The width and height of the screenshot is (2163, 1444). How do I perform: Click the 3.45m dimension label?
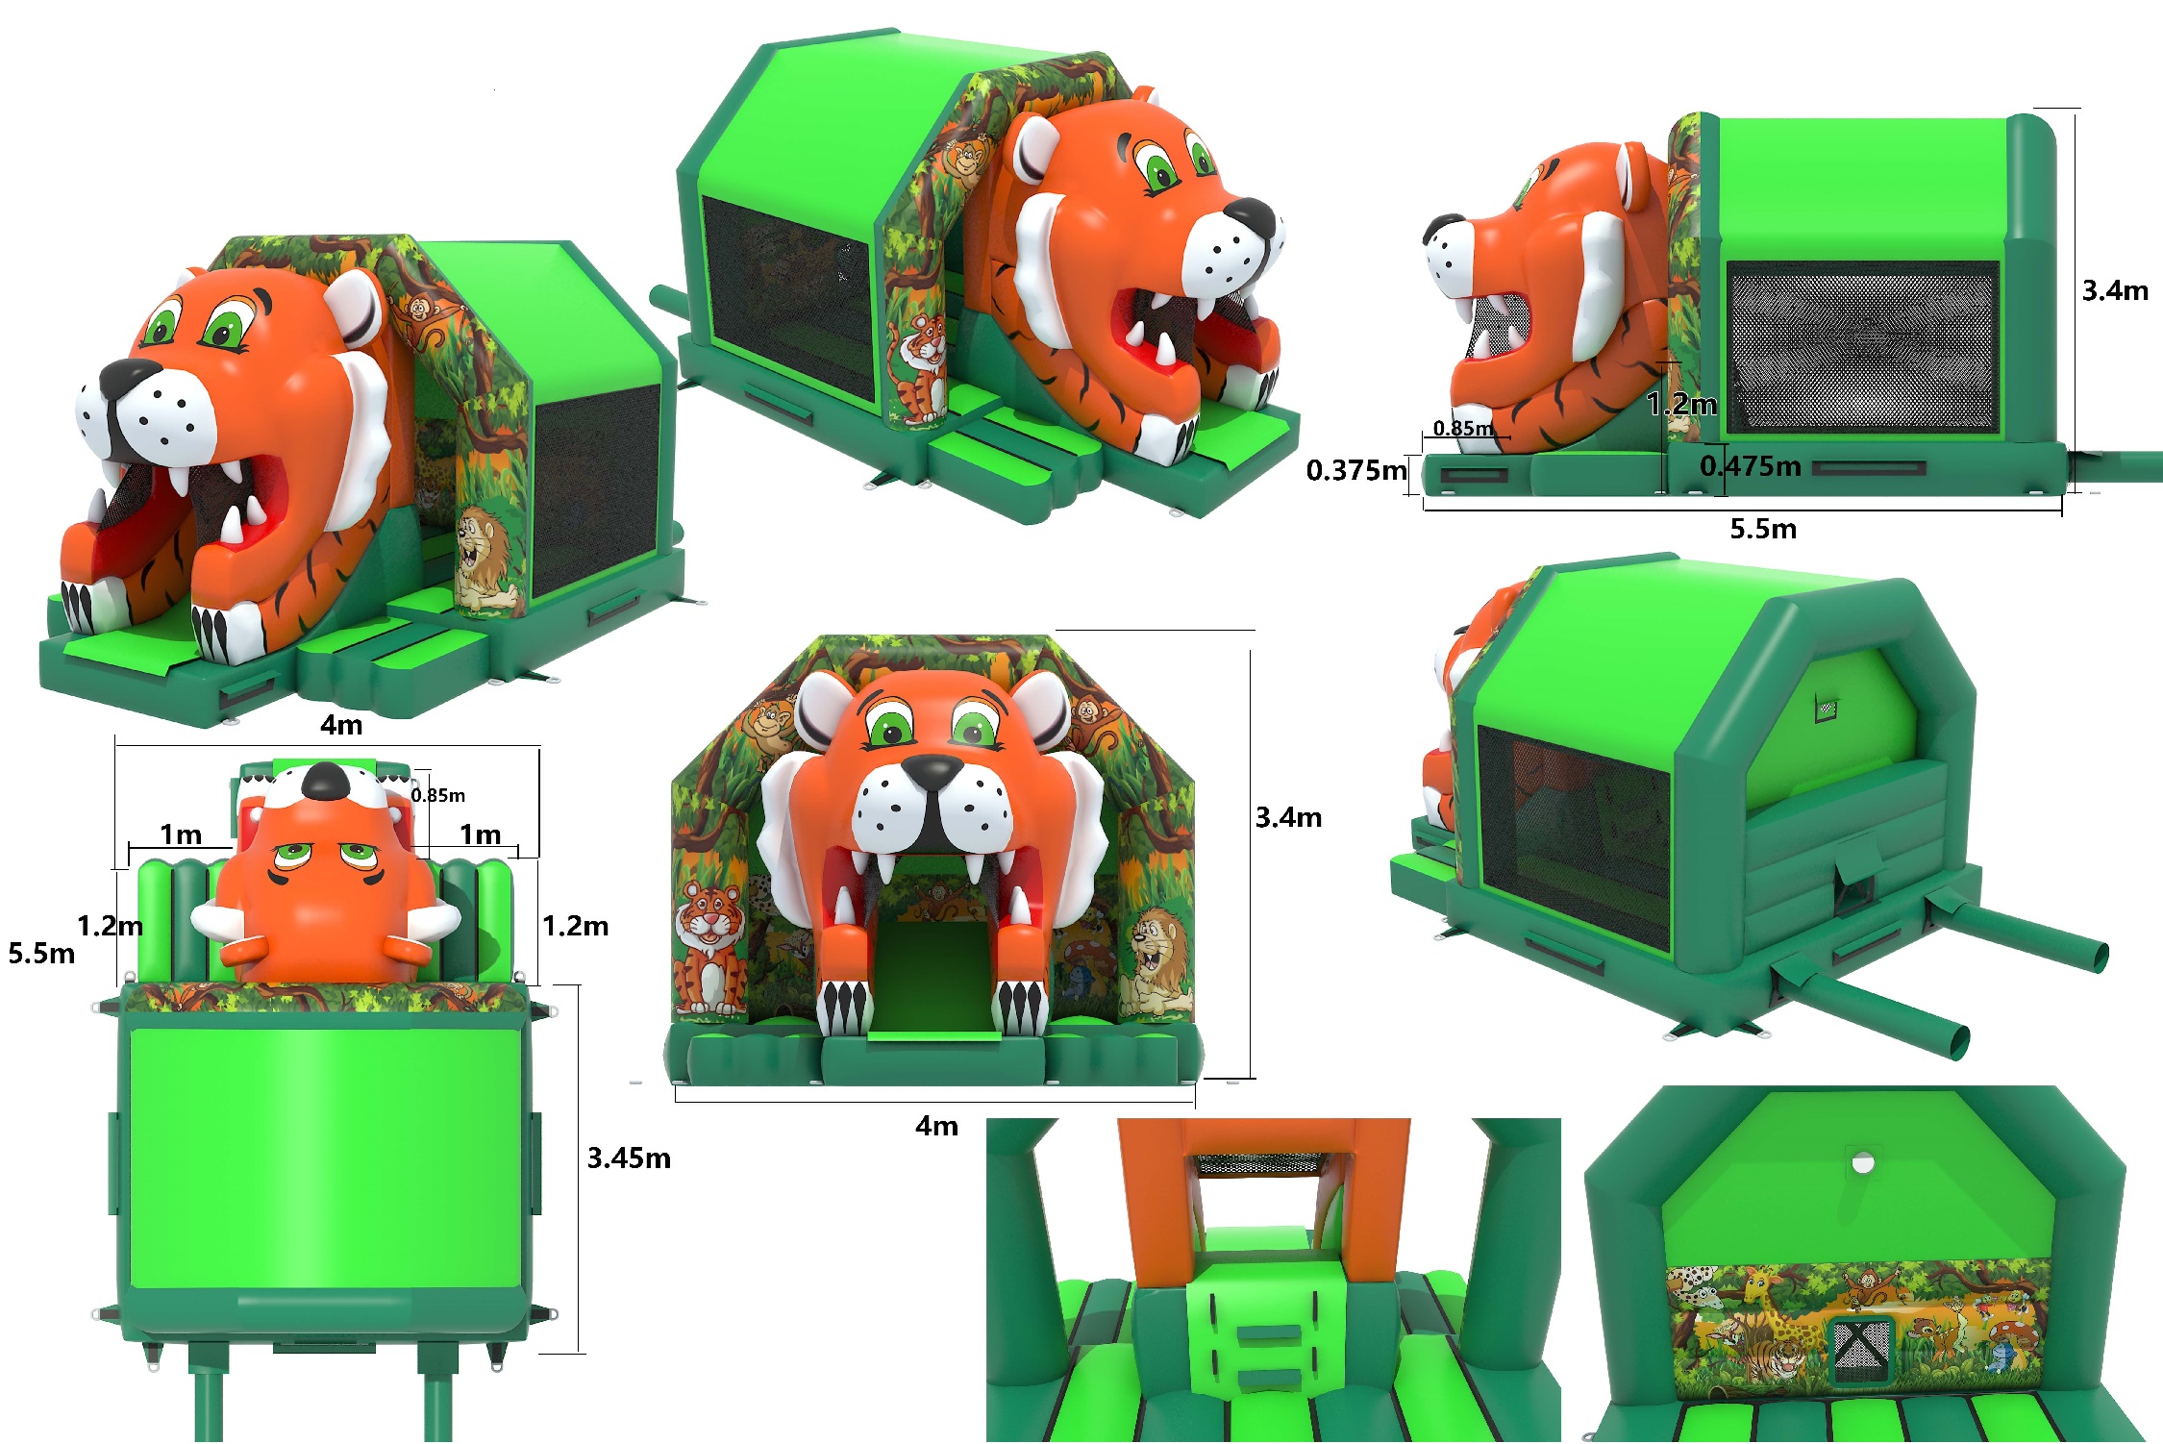pos(629,1158)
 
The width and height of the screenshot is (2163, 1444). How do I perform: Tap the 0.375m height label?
pos(1356,470)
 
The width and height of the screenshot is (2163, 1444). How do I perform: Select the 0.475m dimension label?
pos(1750,466)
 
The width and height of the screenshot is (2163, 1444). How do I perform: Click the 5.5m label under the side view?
pos(1763,529)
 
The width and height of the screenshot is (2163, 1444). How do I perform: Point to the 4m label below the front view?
pos(936,1126)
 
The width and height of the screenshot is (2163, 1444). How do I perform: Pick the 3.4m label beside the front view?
pos(1288,817)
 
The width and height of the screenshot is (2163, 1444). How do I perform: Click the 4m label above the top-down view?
pos(341,725)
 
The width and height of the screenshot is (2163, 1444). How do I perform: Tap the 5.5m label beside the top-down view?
pos(41,953)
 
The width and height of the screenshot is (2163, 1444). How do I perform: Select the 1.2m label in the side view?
pos(1681,404)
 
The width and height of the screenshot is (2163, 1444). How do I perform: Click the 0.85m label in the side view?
pos(1463,428)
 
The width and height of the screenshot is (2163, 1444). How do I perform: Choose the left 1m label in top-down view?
pos(181,834)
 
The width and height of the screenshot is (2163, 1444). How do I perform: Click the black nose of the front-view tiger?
pos(932,768)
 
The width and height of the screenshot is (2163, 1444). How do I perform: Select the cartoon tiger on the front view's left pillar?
pos(709,947)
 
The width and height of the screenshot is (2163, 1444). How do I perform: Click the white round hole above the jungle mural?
pos(1863,1163)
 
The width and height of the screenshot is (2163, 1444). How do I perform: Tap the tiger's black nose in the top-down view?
pos(327,780)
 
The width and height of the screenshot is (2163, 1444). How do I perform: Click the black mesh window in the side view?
pos(1862,347)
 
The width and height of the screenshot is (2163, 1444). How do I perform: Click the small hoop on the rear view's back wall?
pos(1826,709)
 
